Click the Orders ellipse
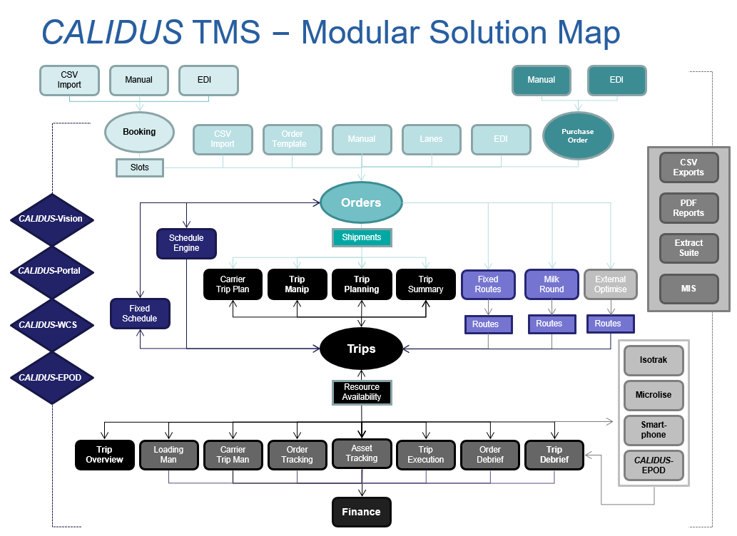tap(361, 202)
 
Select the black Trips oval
tap(361, 349)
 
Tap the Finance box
tap(362, 512)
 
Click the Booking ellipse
tap(139, 132)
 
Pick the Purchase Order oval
tap(578, 135)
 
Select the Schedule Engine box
tap(186, 243)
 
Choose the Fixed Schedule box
tap(140, 314)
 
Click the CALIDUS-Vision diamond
tap(51, 219)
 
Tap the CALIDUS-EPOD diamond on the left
tap(51, 378)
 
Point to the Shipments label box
tap(362, 237)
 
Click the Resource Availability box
tap(362, 392)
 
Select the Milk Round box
tap(552, 284)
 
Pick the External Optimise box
tap(610, 284)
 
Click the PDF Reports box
tap(688, 207)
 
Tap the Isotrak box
tap(654, 361)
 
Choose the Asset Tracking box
tap(362, 453)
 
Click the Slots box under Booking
tap(140, 167)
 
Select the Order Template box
tap(292, 139)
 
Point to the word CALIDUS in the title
tap(112, 32)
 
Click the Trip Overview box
tap(104, 455)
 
